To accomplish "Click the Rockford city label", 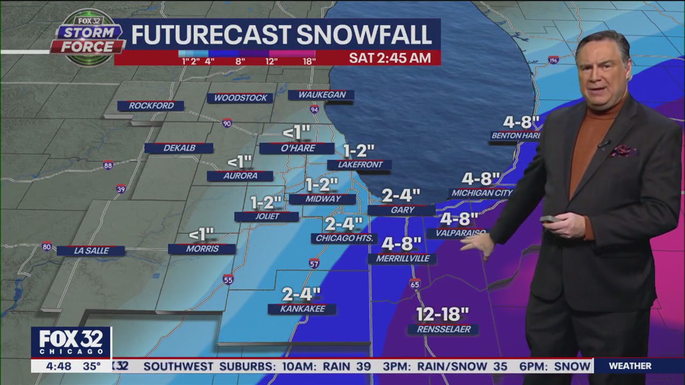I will [x=151, y=106].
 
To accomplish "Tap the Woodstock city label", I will [x=240, y=98].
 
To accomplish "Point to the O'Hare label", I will [x=297, y=149].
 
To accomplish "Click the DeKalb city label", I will [x=179, y=148].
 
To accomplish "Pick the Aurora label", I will [x=240, y=176].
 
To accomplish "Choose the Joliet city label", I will [x=267, y=217].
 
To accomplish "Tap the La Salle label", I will [x=91, y=250].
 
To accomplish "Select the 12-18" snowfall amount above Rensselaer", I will [x=443, y=313].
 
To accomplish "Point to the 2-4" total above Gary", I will [x=401, y=195].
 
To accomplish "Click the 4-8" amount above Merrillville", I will [x=401, y=244].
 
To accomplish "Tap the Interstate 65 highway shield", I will [x=415, y=284].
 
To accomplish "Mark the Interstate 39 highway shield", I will [x=121, y=189].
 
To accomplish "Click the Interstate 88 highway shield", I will [x=109, y=165].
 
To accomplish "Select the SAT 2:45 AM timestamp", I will [x=390, y=58].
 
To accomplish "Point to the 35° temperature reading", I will [x=92, y=366].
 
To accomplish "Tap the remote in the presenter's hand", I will [x=549, y=219].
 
